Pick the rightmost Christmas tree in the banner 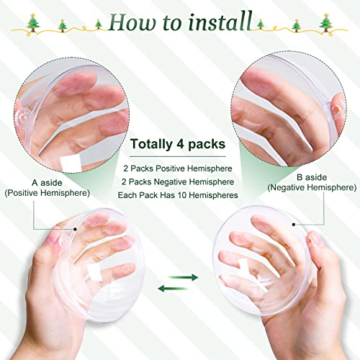coord(337,27)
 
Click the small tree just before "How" coord(96,24)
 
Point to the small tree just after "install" coord(260,24)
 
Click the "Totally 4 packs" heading coord(179,144)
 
